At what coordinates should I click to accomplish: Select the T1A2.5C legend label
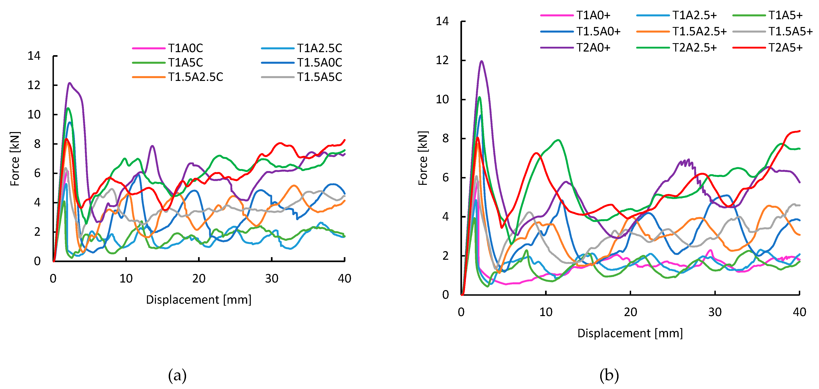tap(319, 48)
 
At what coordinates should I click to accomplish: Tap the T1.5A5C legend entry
tap(319, 77)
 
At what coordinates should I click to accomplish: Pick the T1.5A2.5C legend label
tap(195, 77)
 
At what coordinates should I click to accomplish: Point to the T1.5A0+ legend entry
tap(598, 32)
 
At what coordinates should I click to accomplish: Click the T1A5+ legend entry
tap(785, 15)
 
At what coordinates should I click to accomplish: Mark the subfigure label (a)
tap(177, 375)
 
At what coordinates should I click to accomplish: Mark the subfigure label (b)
tap(609, 375)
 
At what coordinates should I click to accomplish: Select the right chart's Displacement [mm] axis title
tap(630, 333)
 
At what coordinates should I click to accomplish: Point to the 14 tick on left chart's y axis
tap(34, 56)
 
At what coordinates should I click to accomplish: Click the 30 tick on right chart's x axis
tap(715, 312)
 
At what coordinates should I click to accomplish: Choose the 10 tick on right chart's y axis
tap(442, 99)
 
